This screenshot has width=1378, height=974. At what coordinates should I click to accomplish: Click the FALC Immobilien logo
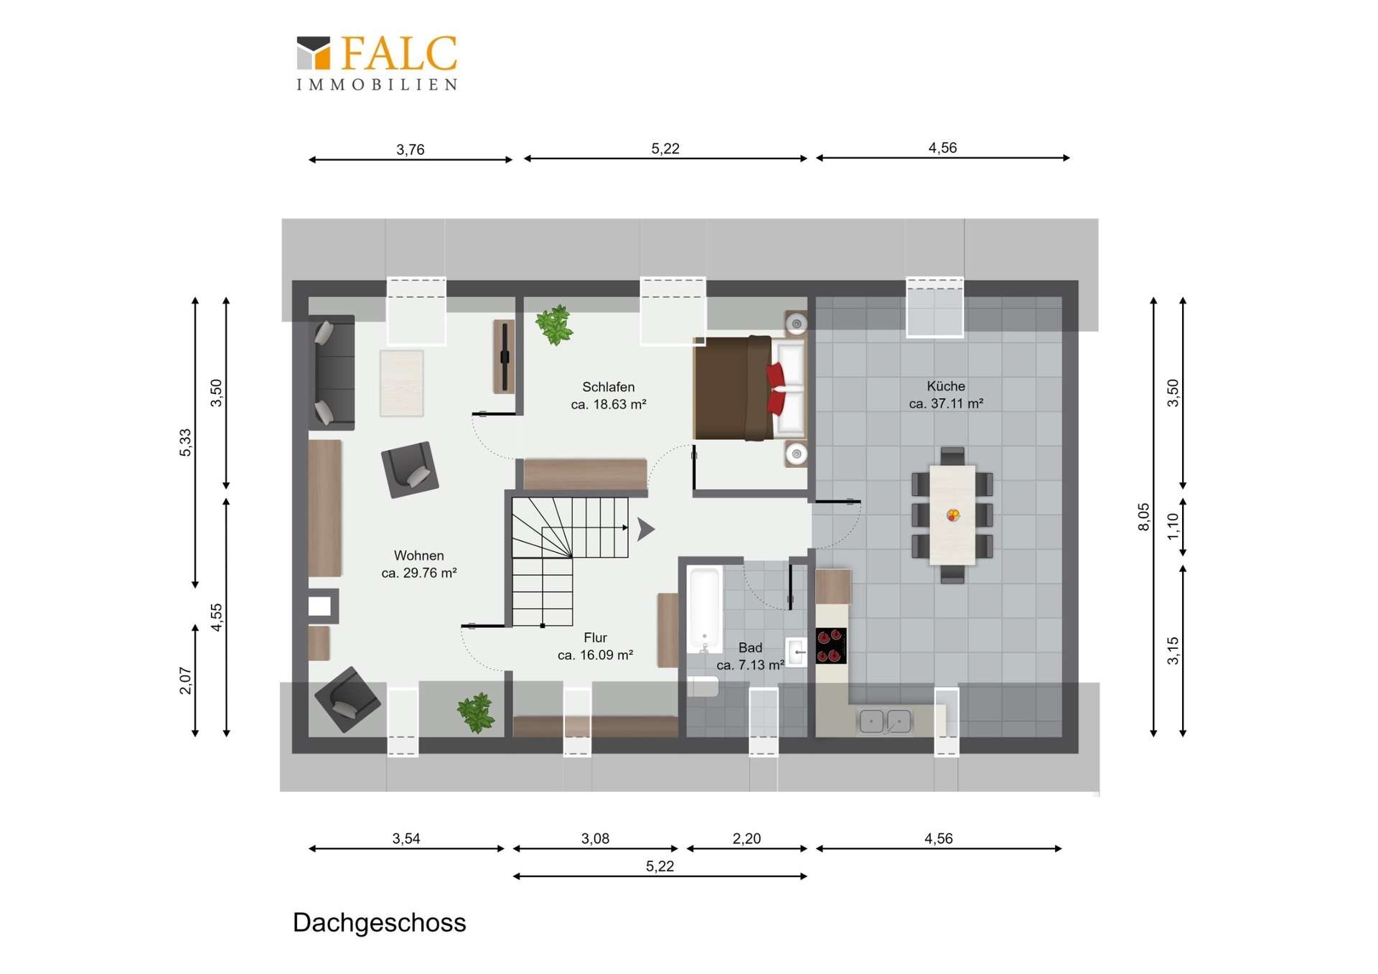[378, 63]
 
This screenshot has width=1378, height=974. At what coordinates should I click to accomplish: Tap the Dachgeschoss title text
[379, 922]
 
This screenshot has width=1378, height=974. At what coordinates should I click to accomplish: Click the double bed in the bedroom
[749, 388]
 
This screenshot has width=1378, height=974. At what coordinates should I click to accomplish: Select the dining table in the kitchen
[952, 515]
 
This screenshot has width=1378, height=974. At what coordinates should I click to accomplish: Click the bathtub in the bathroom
[704, 609]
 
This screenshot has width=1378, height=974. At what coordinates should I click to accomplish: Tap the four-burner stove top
[831, 645]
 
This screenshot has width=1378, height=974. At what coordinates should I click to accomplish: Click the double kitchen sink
[885, 721]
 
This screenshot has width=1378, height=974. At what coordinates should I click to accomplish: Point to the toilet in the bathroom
[703, 686]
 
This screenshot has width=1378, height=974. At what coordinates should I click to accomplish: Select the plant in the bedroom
[555, 325]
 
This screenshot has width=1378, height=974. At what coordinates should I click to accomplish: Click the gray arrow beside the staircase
[645, 529]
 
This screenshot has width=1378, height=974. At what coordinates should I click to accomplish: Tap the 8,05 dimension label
[1143, 517]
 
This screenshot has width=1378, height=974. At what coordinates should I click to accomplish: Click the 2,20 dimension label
[746, 838]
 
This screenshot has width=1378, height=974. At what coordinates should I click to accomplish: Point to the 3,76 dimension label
[411, 149]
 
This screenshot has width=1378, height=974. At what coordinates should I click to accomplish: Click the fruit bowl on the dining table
[953, 515]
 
